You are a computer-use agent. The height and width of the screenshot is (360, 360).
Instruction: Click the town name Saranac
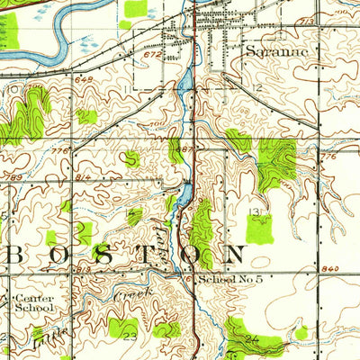click(276, 52)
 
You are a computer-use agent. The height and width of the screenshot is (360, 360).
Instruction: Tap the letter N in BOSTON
click(237, 256)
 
